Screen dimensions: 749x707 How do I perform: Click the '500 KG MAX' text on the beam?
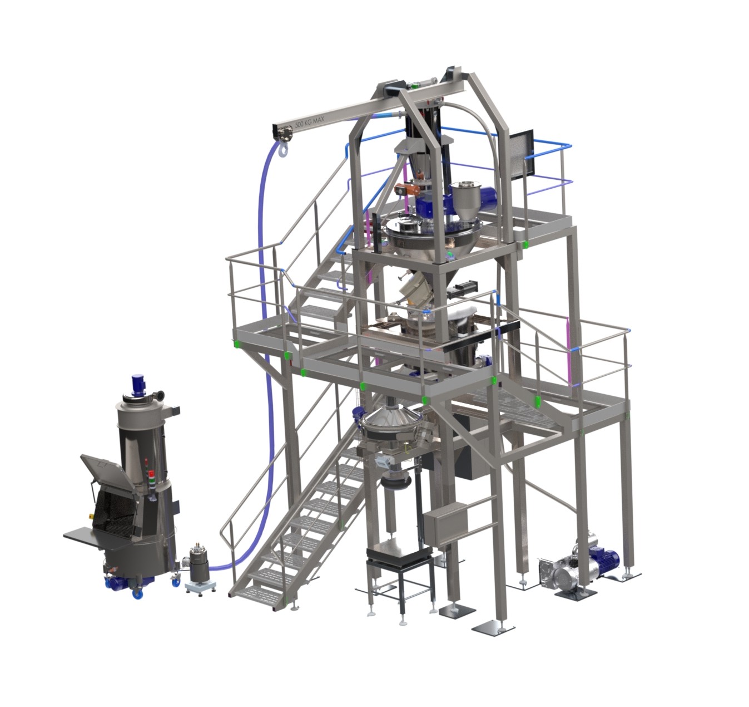[x=309, y=122]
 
